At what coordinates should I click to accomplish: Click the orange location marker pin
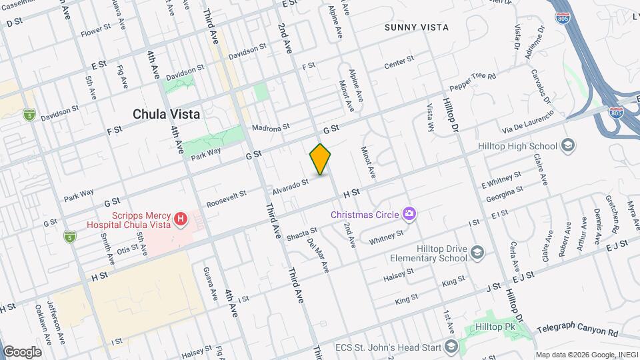(x=320, y=159)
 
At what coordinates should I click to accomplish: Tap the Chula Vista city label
(x=166, y=114)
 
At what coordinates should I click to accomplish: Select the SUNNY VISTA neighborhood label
(x=417, y=27)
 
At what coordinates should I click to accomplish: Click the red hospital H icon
(x=179, y=218)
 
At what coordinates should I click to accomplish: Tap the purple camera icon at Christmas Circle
(x=409, y=214)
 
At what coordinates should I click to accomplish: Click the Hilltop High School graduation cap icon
(x=567, y=146)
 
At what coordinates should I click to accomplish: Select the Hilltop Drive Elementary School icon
(x=477, y=251)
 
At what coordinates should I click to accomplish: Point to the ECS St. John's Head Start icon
(x=452, y=346)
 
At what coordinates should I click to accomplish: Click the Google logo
(x=22, y=351)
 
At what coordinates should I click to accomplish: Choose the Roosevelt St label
(x=226, y=198)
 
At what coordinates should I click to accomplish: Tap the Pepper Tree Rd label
(x=474, y=81)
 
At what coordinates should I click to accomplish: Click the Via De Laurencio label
(x=528, y=122)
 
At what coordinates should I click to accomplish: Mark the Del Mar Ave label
(x=319, y=255)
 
